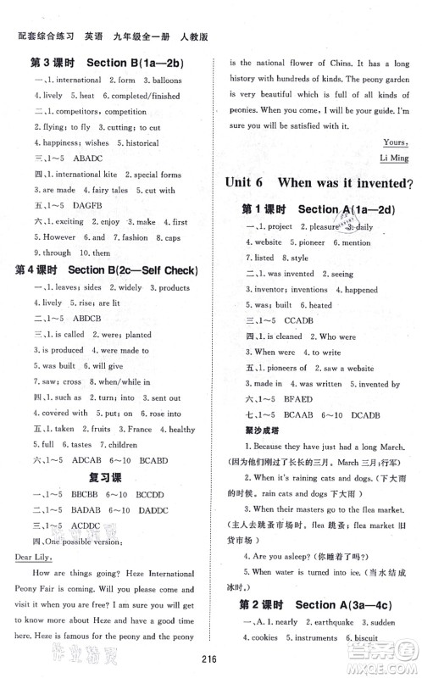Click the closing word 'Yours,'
point(395,142)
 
